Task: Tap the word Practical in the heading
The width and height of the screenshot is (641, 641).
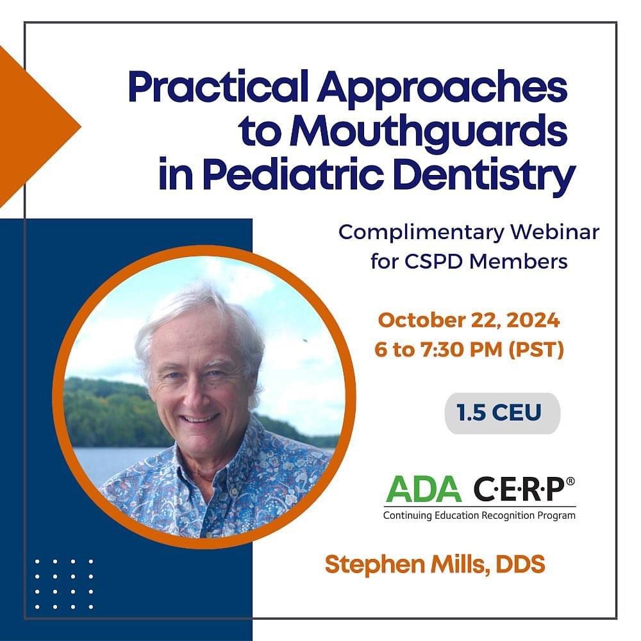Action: (219, 87)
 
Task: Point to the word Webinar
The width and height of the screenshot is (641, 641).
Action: (555, 232)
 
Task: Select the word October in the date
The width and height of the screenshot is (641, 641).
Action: (422, 320)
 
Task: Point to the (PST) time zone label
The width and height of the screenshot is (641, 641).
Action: (537, 350)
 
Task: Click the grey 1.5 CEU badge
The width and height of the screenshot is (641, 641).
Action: (503, 413)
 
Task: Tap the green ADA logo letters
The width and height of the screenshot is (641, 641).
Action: (424, 489)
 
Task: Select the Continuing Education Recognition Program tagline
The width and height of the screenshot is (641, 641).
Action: (479, 515)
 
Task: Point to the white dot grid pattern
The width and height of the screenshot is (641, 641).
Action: (64, 585)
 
